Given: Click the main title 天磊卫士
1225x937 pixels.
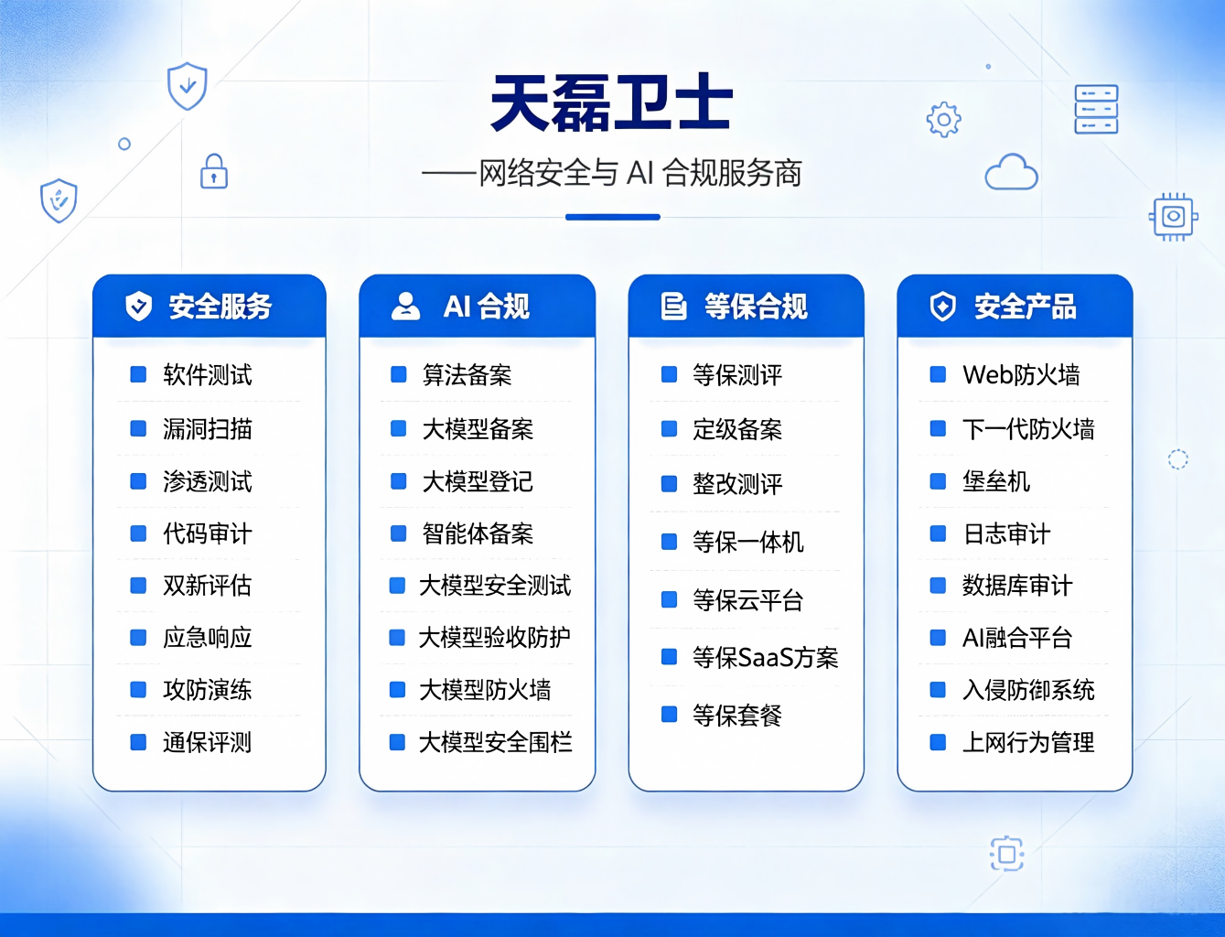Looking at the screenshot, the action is tap(611, 103).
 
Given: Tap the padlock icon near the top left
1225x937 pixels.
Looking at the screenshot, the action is tap(214, 171).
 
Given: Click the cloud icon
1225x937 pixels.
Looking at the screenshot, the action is tap(1011, 172).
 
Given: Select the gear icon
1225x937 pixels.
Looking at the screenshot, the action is tap(944, 120).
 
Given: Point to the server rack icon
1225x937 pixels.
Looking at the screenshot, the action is tap(1096, 110).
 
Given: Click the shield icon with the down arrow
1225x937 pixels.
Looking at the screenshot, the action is tap(188, 86).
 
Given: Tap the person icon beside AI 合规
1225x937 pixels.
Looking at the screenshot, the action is tap(405, 306).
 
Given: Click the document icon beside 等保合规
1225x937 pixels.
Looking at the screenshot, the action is tap(673, 306).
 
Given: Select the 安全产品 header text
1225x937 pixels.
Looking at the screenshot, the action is tap(1026, 307).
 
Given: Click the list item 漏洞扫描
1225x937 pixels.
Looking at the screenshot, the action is tap(207, 429).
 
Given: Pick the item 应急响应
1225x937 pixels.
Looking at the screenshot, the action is tap(207, 637).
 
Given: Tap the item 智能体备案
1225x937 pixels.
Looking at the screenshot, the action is tap(478, 533).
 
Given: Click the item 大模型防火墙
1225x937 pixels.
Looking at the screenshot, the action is tap(485, 690).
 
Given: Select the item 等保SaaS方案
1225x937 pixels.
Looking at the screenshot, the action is tap(765, 657).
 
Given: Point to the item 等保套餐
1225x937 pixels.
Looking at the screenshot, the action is tap(737, 715).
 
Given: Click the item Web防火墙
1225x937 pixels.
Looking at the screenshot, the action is tap(1021, 374).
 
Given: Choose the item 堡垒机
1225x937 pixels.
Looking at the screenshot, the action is tap(996, 481).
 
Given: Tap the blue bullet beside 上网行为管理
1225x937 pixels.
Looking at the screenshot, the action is tap(938, 742).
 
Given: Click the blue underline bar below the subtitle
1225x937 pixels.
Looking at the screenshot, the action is tap(613, 217).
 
